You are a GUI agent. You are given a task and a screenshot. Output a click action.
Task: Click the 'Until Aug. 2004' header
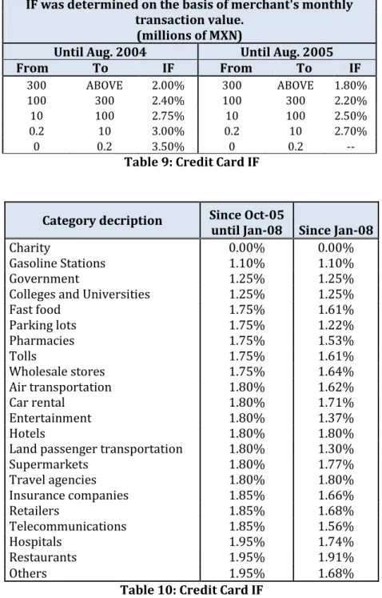(100, 52)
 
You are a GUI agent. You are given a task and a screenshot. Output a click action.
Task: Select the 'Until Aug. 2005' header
(287, 52)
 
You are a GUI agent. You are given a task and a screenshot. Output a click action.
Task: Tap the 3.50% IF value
(168, 146)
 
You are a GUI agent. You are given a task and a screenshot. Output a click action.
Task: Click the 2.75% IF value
(168, 116)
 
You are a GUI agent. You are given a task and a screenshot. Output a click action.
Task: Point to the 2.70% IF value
(351, 131)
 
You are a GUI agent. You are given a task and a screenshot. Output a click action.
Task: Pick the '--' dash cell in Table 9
(351, 146)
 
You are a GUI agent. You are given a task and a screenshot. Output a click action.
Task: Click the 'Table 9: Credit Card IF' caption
(192, 162)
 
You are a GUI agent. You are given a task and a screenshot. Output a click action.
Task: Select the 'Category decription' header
(102, 220)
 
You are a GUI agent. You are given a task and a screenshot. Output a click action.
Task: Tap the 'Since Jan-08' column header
(336, 231)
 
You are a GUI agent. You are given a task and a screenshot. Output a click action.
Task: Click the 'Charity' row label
(30, 248)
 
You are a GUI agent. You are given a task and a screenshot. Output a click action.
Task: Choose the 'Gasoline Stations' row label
(57, 263)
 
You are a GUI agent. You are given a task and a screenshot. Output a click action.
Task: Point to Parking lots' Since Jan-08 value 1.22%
(336, 325)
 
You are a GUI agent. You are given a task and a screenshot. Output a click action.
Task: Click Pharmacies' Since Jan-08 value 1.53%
(336, 340)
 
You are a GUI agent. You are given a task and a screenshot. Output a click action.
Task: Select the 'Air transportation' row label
(60, 387)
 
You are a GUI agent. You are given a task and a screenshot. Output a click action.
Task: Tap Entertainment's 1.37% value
(336, 418)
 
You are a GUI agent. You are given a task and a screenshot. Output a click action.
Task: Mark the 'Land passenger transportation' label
(96, 449)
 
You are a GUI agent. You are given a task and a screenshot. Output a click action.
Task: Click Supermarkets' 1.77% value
(336, 464)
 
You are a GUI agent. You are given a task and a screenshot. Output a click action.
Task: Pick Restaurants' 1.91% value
(336, 557)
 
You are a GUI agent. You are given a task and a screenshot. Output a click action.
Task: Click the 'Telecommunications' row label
(68, 526)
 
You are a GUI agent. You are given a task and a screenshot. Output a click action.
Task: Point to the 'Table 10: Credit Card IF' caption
(192, 590)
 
